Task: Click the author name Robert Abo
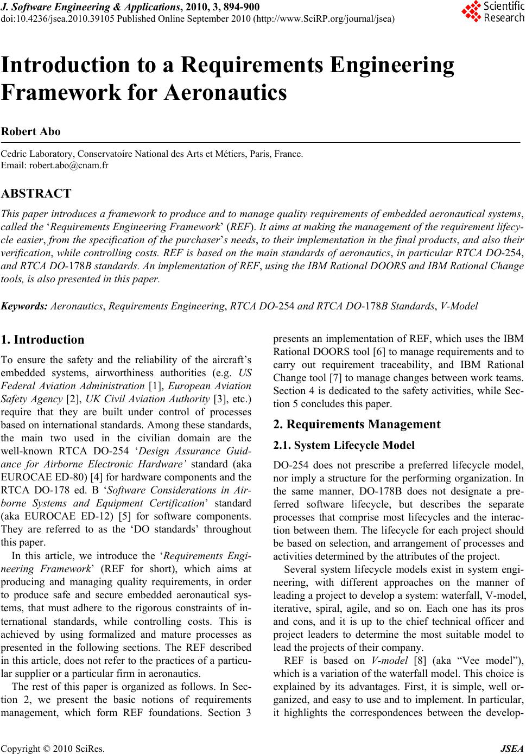[x=31, y=131]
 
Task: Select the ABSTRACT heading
[x=36, y=193]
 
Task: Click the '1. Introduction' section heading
[x=43, y=340]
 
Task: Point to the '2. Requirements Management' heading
[x=357, y=424]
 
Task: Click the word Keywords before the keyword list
[x=25, y=306]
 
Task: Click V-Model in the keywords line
[x=459, y=306]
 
